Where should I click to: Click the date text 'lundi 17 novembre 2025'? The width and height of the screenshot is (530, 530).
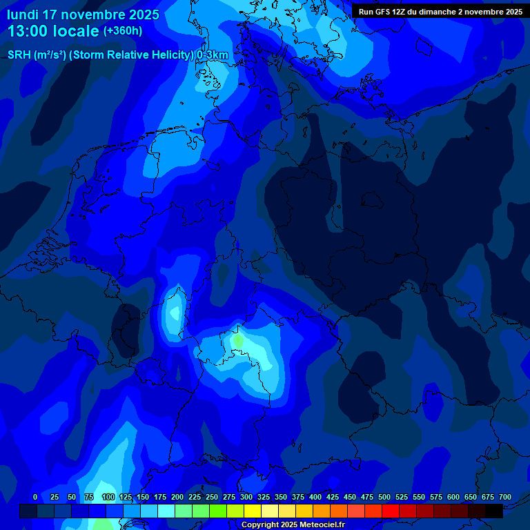83,14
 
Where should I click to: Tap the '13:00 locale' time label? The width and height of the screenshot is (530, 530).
53,31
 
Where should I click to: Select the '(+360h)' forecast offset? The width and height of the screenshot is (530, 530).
123,31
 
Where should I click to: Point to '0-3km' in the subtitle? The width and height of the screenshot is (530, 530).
213,55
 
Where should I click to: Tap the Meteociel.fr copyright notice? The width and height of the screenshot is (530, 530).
293,524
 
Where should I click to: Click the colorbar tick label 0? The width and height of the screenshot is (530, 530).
35,497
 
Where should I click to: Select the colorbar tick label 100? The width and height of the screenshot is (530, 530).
108,497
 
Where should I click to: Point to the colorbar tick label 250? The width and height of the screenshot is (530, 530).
212,497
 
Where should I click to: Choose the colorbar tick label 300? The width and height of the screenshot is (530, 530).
246,497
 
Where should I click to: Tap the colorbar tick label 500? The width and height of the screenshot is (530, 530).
384,497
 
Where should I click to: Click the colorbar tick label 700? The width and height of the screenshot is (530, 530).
505,497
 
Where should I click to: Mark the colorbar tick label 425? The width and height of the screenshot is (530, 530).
333,497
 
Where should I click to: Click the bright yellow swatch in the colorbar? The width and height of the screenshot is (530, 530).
253,511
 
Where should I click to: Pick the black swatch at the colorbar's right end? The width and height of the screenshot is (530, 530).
494,511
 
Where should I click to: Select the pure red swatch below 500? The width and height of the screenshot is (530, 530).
391,511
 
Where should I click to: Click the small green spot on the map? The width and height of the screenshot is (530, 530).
237,340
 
